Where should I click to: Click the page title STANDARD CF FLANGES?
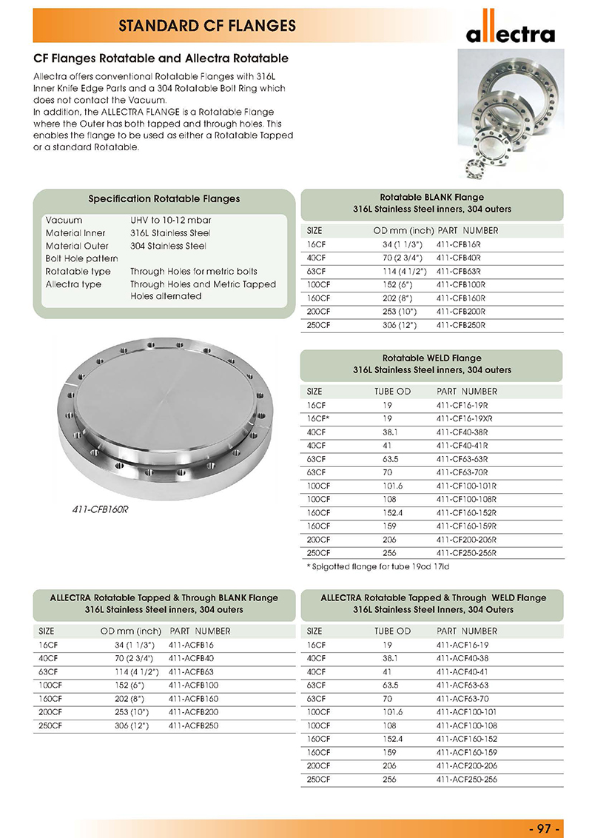point(207,26)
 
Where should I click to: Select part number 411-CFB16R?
point(459,244)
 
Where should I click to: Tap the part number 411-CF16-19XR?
point(466,418)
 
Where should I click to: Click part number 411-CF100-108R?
point(467,499)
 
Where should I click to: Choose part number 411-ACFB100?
point(194,685)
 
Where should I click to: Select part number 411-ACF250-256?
point(467,780)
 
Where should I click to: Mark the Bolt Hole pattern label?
point(81,258)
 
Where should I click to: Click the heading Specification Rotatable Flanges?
point(164,199)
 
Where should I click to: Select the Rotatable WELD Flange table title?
point(431,358)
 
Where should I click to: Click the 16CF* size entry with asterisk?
point(317,418)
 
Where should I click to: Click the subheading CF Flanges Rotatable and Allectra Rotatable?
point(161,58)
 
